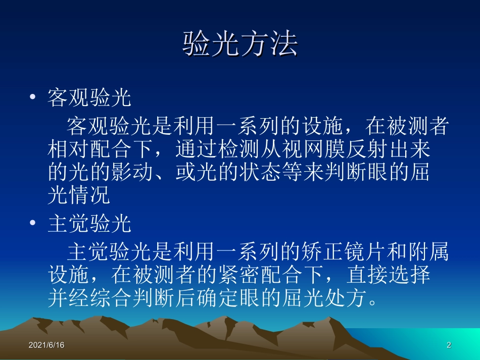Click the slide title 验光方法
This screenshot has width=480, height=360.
[x=239, y=45]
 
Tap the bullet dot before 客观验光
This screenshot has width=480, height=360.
[x=33, y=97]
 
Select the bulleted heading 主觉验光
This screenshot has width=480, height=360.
[x=89, y=225]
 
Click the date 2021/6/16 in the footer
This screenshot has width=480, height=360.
[x=46, y=345]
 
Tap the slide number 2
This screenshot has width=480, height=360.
[x=449, y=345]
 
